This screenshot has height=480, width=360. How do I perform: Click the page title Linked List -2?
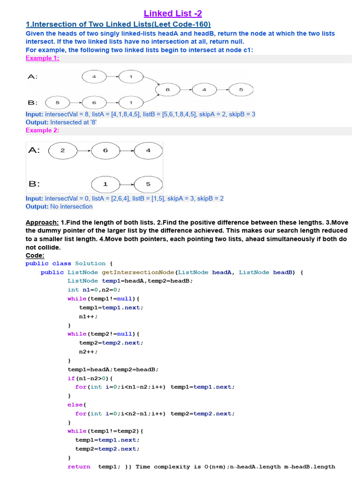[x=173, y=13]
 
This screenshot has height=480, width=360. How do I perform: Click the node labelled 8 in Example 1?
[x=167, y=89]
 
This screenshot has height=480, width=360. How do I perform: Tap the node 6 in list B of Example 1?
[x=94, y=102]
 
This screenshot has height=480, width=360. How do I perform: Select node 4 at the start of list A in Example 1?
[x=94, y=76]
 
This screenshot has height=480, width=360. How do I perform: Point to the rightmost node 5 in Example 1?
[x=241, y=90]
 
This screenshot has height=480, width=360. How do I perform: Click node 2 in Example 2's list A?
[x=63, y=150]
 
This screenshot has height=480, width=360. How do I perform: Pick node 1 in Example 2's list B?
[x=105, y=184]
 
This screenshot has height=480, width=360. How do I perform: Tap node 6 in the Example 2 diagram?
[x=105, y=150]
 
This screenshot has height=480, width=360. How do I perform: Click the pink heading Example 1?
[x=42, y=58]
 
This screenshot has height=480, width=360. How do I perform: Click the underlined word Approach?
[x=42, y=222]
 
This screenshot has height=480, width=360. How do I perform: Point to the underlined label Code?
[x=35, y=255]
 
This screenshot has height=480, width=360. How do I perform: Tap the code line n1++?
[x=89, y=316]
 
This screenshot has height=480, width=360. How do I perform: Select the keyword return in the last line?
[x=79, y=466]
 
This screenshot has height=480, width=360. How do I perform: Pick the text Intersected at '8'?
[x=70, y=122]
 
